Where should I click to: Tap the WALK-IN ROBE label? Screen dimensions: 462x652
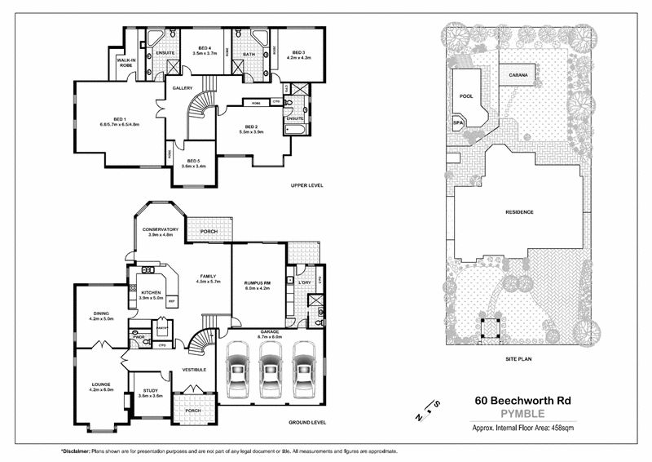tap(126, 63)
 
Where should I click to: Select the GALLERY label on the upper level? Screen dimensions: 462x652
tap(182, 88)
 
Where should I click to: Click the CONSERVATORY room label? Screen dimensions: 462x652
tap(161, 231)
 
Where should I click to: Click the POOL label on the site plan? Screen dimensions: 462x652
tap(466, 96)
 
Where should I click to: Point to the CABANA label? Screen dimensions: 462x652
tap(519, 75)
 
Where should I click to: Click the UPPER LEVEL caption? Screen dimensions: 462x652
tap(307, 186)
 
